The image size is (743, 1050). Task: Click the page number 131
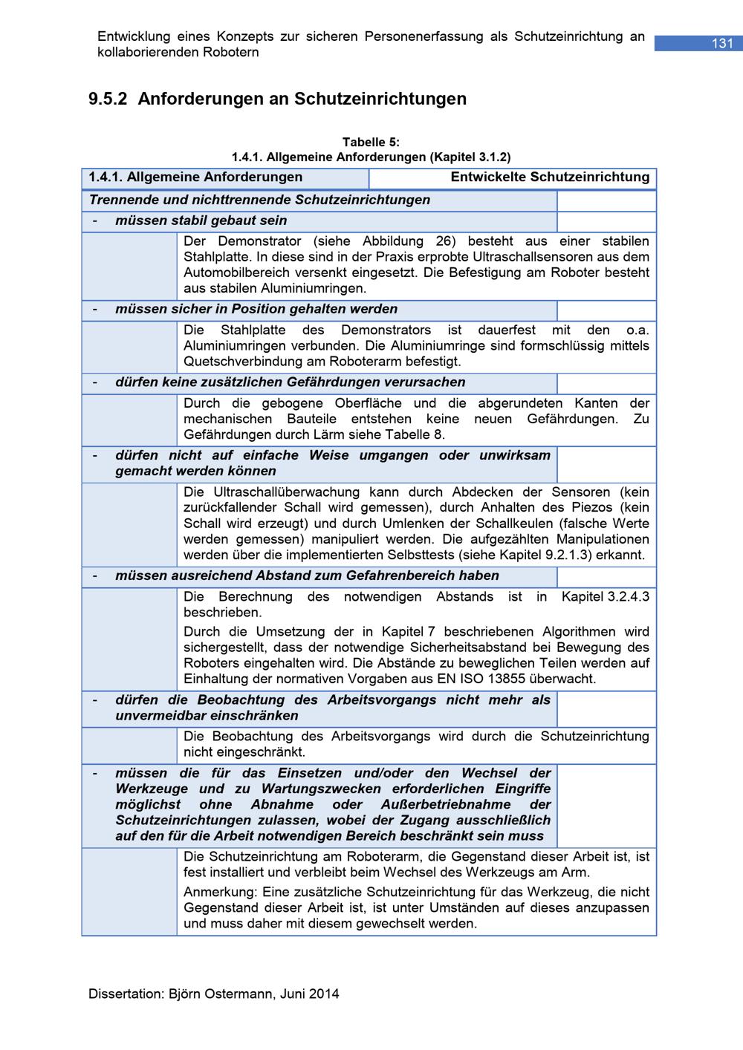tap(722, 44)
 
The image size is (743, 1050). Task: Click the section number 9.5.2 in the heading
tap(109, 99)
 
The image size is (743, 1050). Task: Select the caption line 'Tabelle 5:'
tap(371, 142)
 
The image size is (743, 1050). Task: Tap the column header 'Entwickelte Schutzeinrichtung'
tap(550, 177)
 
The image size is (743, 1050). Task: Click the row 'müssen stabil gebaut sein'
tap(201, 221)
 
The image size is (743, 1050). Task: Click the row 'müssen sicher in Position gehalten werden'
tap(256, 309)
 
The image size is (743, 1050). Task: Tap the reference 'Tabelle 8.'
tap(419, 434)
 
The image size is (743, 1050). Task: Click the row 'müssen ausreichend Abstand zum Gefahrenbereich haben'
tap(307, 576)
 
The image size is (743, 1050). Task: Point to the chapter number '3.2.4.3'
tap(629, 597)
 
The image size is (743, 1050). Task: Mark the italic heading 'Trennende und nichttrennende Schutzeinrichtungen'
tap(259, 200)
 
